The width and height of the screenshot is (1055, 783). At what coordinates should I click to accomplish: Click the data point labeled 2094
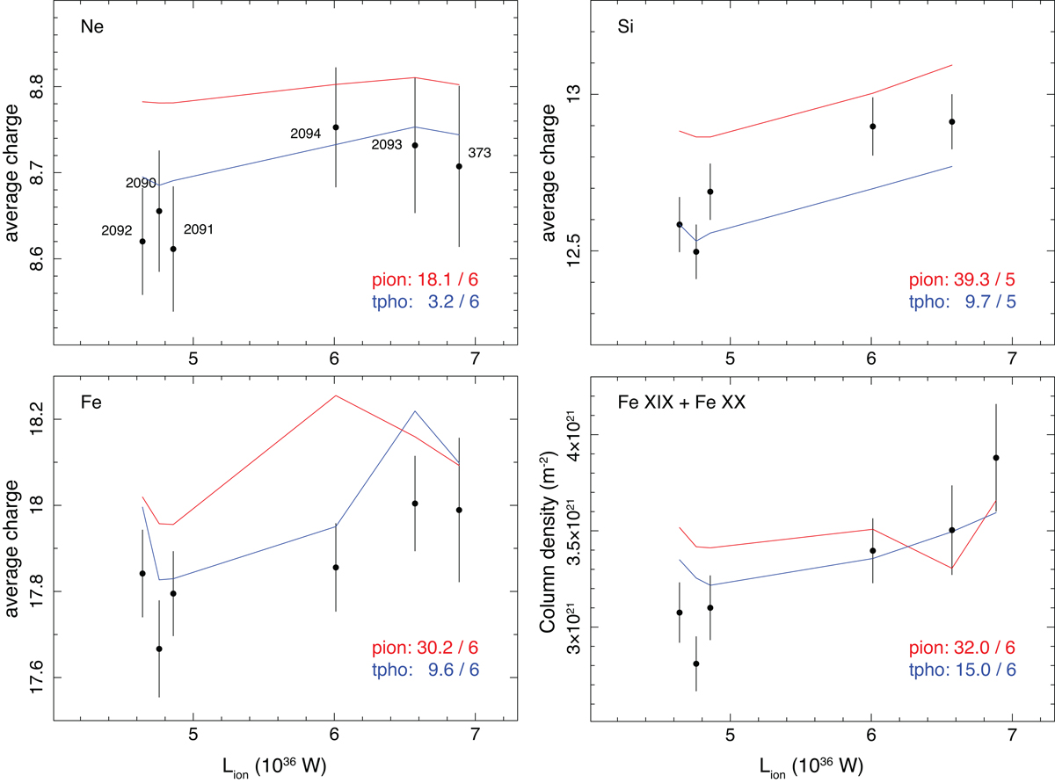click(335, 127)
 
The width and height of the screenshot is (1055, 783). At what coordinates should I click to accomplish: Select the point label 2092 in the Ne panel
click(117, 231)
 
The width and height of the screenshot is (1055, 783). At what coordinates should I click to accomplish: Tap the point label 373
click(479, 153)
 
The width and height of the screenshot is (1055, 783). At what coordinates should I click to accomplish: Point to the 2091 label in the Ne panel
click(198, 229)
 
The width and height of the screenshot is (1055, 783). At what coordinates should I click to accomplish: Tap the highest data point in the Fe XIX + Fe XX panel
click(996, 458)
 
